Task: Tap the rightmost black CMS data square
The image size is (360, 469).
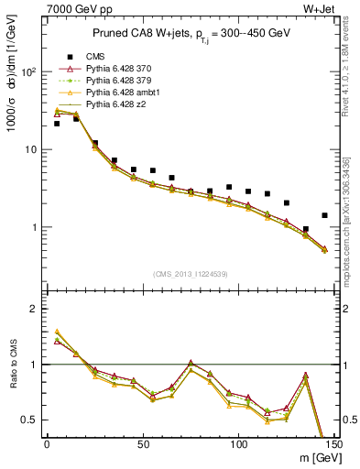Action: coord(324,215)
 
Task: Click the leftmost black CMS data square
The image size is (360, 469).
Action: coord(57,124)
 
